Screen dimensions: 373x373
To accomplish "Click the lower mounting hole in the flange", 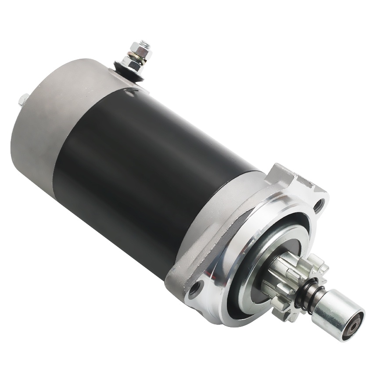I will [194, 289].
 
